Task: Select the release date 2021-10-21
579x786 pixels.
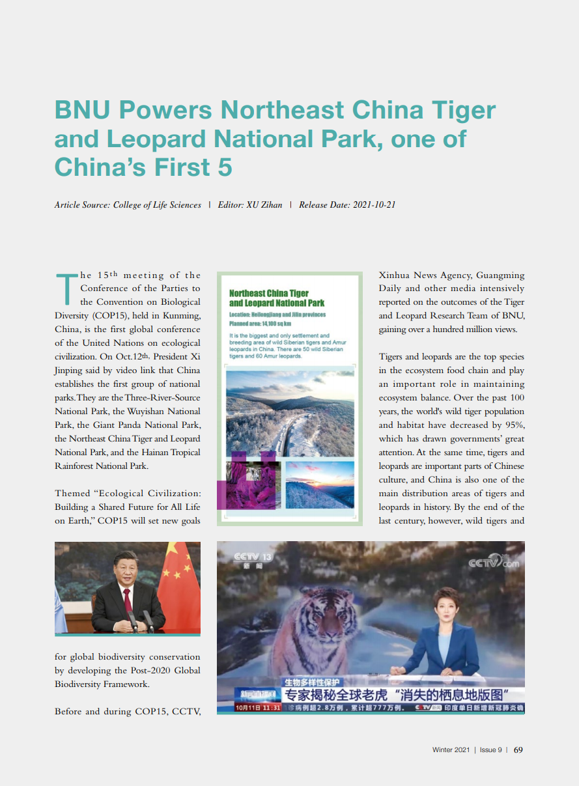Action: (374, 204)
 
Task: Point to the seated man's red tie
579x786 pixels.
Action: (128, 600)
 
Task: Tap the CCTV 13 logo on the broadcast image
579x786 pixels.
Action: (253, 558)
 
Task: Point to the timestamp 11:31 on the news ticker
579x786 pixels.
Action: (272, 707)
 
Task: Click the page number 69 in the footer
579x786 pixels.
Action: (518, 750)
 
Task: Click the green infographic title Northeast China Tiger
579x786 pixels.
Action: (269, 293)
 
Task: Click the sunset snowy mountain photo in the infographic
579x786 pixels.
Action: (320, 484)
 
